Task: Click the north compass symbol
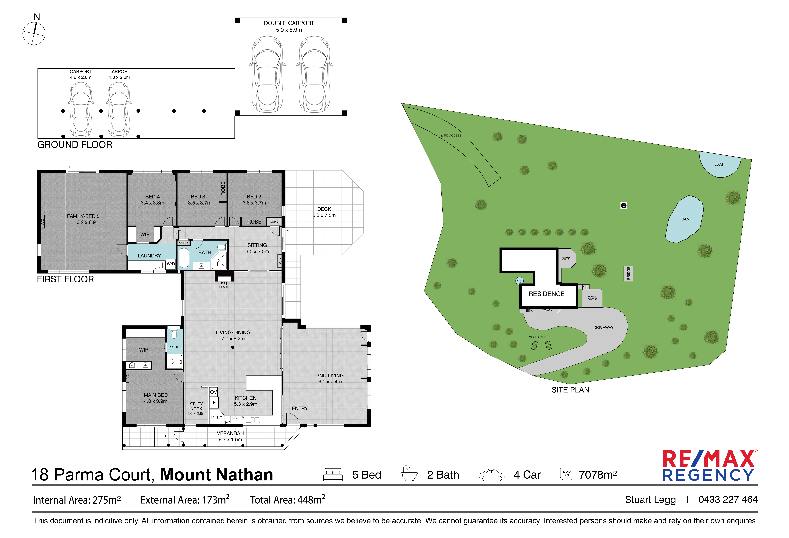34,33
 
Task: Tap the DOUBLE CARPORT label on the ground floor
289,23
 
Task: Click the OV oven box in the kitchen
213,392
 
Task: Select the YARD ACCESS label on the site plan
451,135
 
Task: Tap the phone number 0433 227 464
728,500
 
